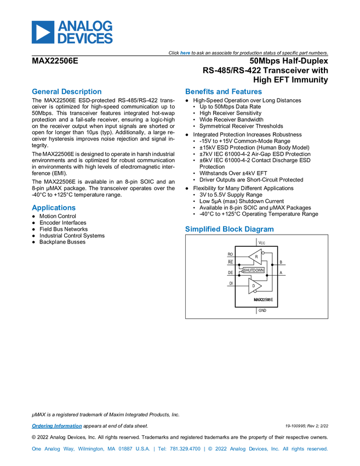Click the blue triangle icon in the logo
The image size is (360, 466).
42,32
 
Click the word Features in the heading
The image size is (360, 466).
247,92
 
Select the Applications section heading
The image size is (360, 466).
53,208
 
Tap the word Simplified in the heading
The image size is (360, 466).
201,229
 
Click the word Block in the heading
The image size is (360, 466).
232,229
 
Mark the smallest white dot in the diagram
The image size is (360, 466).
242,271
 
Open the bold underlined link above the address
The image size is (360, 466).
56,426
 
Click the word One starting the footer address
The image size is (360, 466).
36,449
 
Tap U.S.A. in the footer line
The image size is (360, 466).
144,449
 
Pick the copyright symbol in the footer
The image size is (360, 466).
210,449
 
